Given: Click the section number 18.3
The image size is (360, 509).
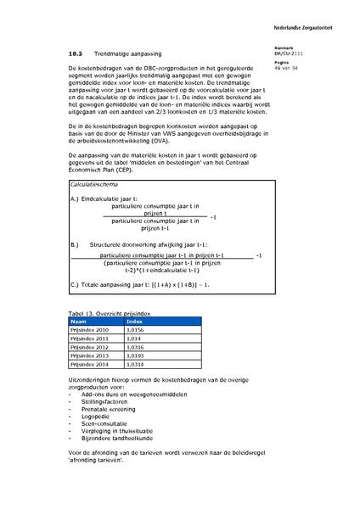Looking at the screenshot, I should (76, 52).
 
